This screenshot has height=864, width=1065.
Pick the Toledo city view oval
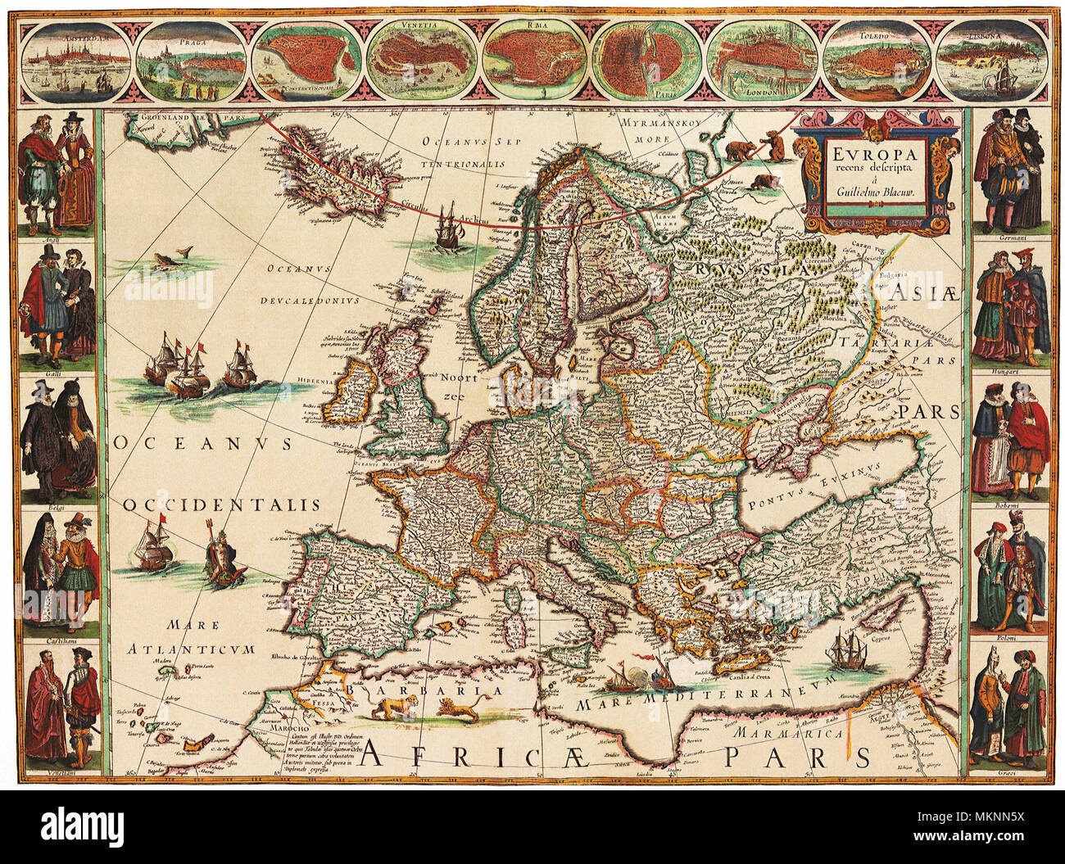coord(875,60)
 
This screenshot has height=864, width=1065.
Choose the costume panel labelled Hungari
coord(1008,308)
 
